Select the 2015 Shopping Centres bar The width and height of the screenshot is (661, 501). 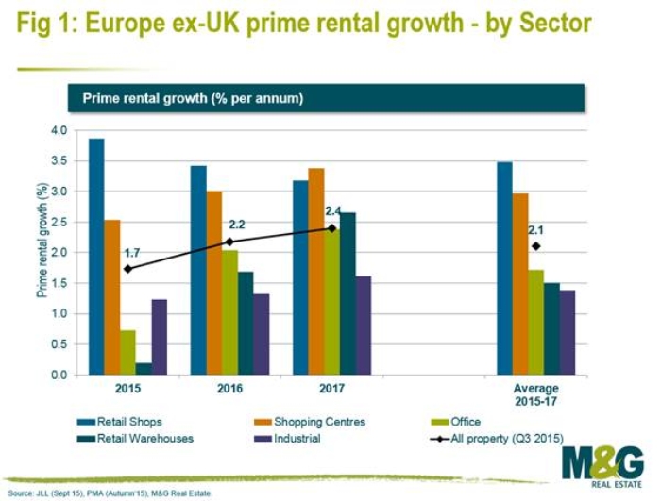pos(112,297)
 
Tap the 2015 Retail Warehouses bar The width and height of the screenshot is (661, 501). pos(144,369)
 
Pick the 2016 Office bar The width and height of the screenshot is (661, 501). pos(229,312)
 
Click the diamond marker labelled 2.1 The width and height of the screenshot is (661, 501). pos(536,246)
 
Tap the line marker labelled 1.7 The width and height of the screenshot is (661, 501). pos(128,269)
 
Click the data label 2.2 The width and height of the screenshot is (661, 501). pos(238,225)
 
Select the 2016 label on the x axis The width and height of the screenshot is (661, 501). pos(229,389)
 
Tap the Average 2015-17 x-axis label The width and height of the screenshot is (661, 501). pos(535,394)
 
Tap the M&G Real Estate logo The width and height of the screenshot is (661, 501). pos(602,467)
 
